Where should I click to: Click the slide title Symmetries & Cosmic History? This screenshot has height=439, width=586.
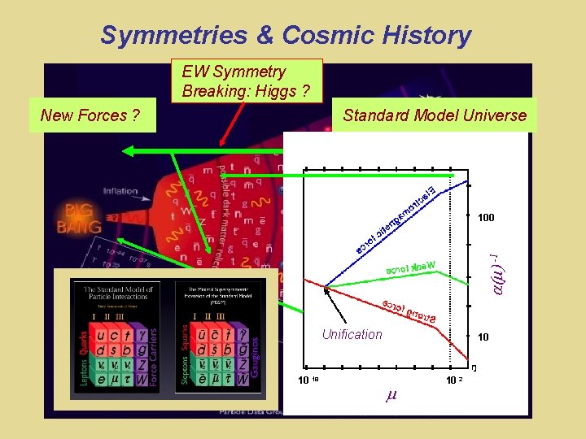click(x=286, y=35)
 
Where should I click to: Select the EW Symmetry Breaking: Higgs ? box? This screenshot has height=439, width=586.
click(x=246, y=81)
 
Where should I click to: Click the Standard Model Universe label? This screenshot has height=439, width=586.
click(x=435, y=115)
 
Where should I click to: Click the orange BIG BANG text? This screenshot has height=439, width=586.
click(x=79, y=217)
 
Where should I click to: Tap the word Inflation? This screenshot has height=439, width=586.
click(x=120, y=191)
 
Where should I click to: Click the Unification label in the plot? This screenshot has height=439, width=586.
click(x=352, y=334)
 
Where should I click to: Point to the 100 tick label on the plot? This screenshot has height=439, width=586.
click(x=486, y=218)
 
